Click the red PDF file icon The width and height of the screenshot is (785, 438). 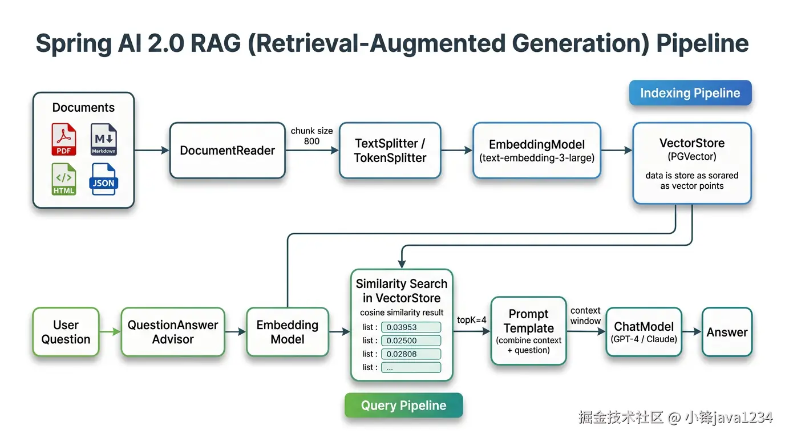64,140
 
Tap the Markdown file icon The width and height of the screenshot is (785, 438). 104,140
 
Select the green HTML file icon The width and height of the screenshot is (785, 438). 64,179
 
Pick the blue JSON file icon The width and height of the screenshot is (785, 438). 103,179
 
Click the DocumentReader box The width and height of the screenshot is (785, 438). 227,151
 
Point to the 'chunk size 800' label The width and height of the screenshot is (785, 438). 311,136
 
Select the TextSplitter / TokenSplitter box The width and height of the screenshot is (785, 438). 390,151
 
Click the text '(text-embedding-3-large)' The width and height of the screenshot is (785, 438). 536,158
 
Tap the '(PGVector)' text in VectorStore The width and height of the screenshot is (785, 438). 691,156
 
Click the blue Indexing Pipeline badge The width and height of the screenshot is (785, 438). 690,94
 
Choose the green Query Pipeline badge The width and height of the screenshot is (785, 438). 403,405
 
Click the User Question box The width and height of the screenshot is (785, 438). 66,332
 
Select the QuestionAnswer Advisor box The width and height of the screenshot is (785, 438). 172,332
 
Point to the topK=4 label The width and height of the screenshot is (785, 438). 471,320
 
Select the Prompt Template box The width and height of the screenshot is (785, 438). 528,331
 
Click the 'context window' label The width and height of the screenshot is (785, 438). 585,315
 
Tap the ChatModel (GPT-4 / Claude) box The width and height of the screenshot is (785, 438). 644,332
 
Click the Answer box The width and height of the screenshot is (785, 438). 727,332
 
